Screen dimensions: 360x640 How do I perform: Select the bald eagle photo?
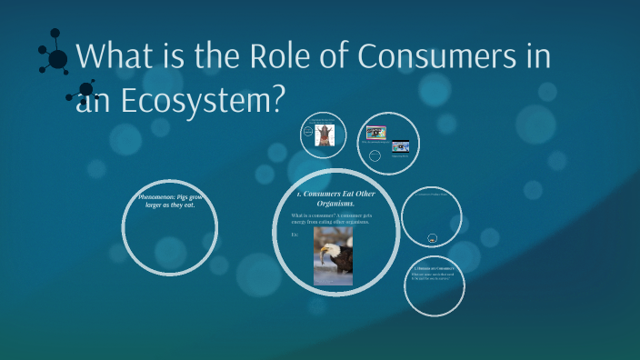(333, 255)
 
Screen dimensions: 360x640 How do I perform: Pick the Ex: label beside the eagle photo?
(295, 234)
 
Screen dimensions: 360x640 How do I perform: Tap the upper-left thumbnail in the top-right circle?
(376, 131)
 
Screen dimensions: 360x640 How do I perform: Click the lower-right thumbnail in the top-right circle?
(401, 145)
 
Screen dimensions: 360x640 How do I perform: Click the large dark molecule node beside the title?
(57, 60)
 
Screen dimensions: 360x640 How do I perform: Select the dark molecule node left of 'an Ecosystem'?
(86, 90)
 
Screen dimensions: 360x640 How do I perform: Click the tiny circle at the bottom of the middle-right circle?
(432, 237)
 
